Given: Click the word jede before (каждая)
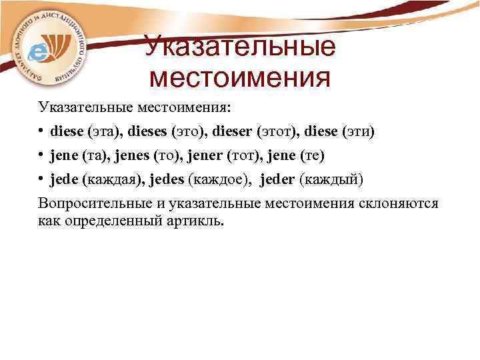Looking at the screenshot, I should pyautogui.click(x=65, y=180).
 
